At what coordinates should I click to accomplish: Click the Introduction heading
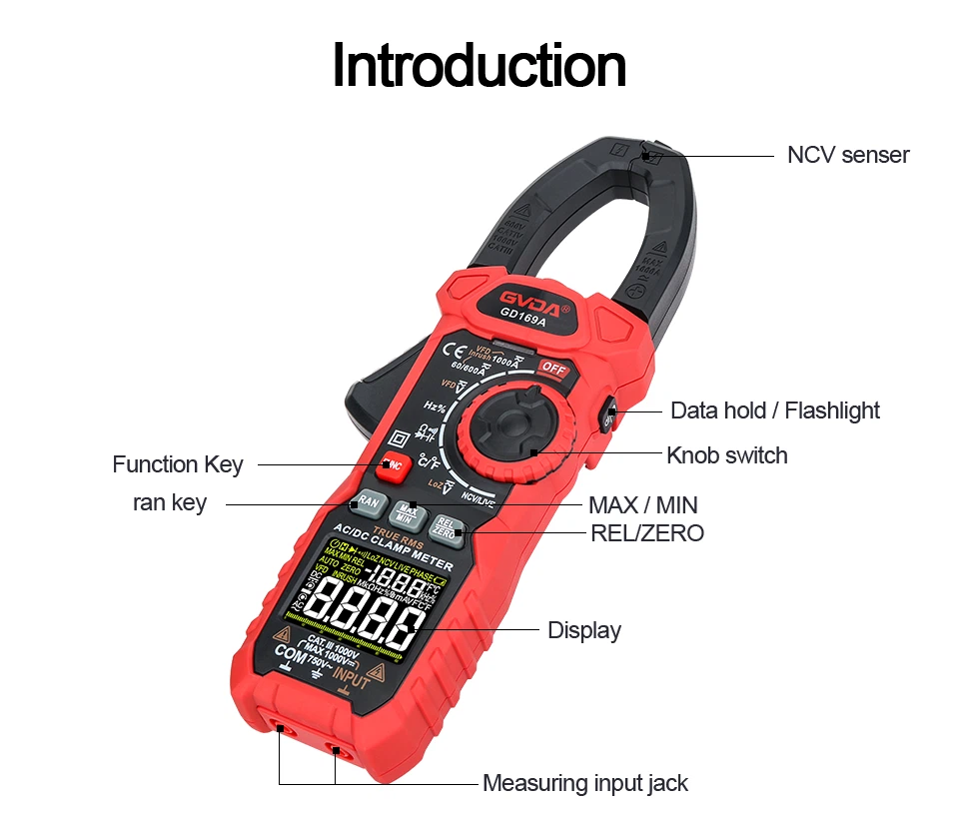pos(479,67)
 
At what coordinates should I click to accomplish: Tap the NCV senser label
pos(847,155)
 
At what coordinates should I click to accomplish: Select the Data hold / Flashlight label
pos(774,410)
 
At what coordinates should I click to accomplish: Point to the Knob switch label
pos(726,455)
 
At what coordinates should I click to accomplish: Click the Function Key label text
pos(177,464)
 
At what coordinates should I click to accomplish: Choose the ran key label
pos(170,503)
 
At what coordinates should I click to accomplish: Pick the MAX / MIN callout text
pos(642,505)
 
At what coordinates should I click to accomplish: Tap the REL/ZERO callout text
pos(646,533)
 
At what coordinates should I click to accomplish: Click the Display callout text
pos(583,630)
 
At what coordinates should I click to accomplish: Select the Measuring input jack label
pos(584,783)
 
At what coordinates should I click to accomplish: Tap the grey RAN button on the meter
pos(368,501)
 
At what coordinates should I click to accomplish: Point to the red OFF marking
pos(552,370)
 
